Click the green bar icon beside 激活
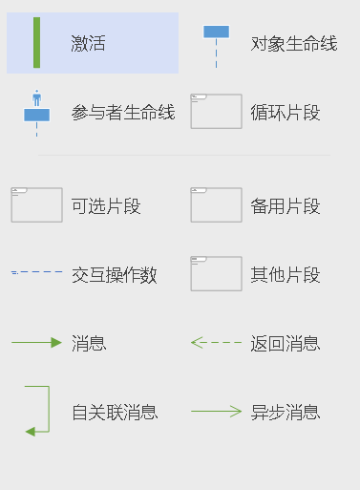coord(36,43)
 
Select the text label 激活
coord(88,44)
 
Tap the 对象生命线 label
coord(293,44)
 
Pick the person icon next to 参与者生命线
coord(36,111)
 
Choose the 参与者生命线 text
coord(123,113)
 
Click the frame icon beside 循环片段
coord(216,111)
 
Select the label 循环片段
coord(285,113)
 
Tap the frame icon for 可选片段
coord(36,204)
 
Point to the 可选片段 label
coord(106,206)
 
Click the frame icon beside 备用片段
coord(216,204)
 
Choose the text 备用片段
coord(285,206)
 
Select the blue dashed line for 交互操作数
coord(36,273)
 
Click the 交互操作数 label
coord(115,276)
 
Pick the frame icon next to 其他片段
coord(216,273)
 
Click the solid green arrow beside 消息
coord(36,342)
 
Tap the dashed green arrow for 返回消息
coord(216,342)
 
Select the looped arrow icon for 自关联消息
coord(36,411)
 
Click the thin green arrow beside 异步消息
coord(216,412)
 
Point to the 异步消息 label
coord(285,413)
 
